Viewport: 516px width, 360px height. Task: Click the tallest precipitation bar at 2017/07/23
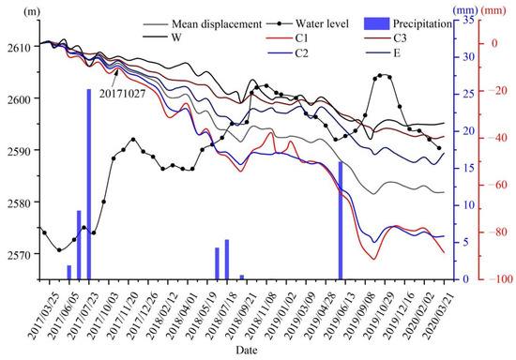(x=89, y=184)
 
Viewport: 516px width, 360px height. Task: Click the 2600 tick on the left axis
(x=19, y=98)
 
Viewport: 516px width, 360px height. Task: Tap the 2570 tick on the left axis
(x=19, y=254)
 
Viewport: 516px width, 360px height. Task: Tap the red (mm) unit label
(x=496, y=9)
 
